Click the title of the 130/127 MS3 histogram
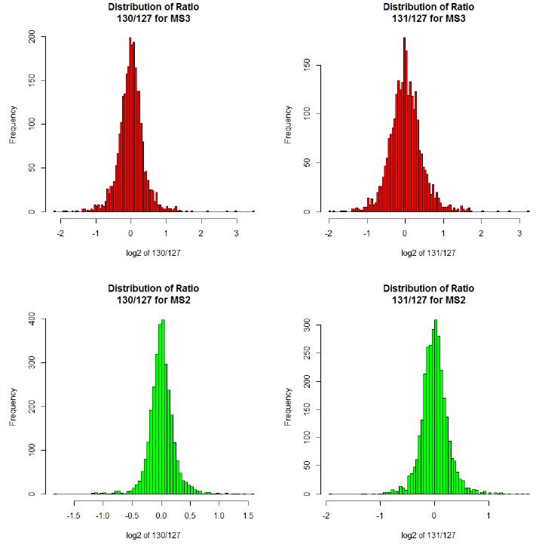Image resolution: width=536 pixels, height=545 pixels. (x=153, y=13)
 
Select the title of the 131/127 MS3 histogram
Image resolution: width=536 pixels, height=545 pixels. (x=428, y=13)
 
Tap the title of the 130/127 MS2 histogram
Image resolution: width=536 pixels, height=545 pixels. (x=153, y=294)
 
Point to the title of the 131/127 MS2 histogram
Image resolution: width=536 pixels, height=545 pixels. (x=428, y=294)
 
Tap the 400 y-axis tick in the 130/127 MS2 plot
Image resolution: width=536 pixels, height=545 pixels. (x=32, y=319)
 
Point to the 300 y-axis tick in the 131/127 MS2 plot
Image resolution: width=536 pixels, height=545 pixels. (x=307, y=325)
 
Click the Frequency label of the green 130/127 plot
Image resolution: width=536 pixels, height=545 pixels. (x=13, y=407)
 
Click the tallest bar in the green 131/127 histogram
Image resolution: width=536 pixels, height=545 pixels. (x=435, y=408)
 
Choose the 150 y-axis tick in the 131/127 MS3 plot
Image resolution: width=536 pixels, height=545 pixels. (x=307, y=65)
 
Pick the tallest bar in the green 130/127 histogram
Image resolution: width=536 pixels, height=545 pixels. (x=163, y=408)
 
